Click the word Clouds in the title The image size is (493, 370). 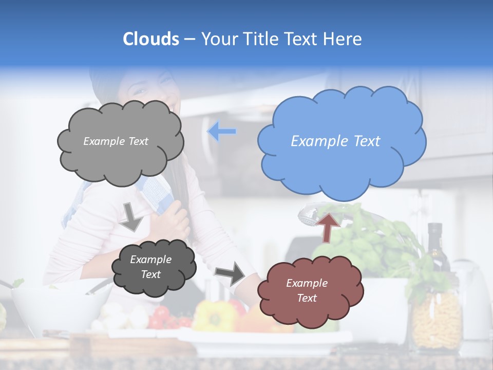(151, 39)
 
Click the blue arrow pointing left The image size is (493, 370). (222, 132)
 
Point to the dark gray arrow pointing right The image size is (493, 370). (231, 273)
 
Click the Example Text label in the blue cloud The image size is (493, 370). (335, 141)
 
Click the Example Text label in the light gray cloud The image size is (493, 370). (116, 141)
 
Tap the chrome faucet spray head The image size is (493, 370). (311, 215)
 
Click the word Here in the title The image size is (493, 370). (344, 39)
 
